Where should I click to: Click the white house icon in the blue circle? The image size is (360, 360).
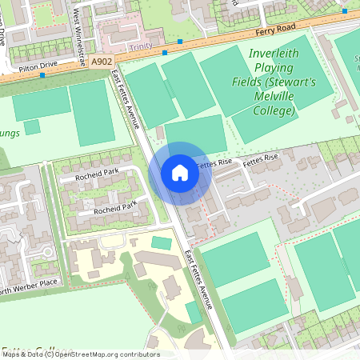(x=180, y=172)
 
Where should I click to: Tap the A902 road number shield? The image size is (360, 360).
(x=102, y=61)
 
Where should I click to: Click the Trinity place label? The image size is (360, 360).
(x=139, y=46)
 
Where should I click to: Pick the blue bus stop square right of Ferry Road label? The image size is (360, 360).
(x=343, y=14)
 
